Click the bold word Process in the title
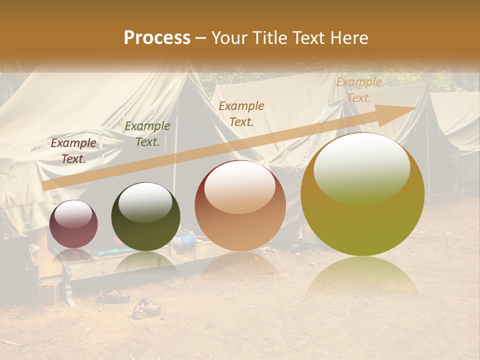coord(157,38)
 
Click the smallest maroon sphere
coord(73,224)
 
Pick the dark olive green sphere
coord(145,217)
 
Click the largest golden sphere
coord(362,195)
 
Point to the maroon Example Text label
coord(73,151)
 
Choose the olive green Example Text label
coord(147,134)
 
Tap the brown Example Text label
coord(241,113)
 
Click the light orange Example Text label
coord(358,90)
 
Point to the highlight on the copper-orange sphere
coord(240,187)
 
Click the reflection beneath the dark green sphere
coord(145,261)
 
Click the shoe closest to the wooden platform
coord(112,296)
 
